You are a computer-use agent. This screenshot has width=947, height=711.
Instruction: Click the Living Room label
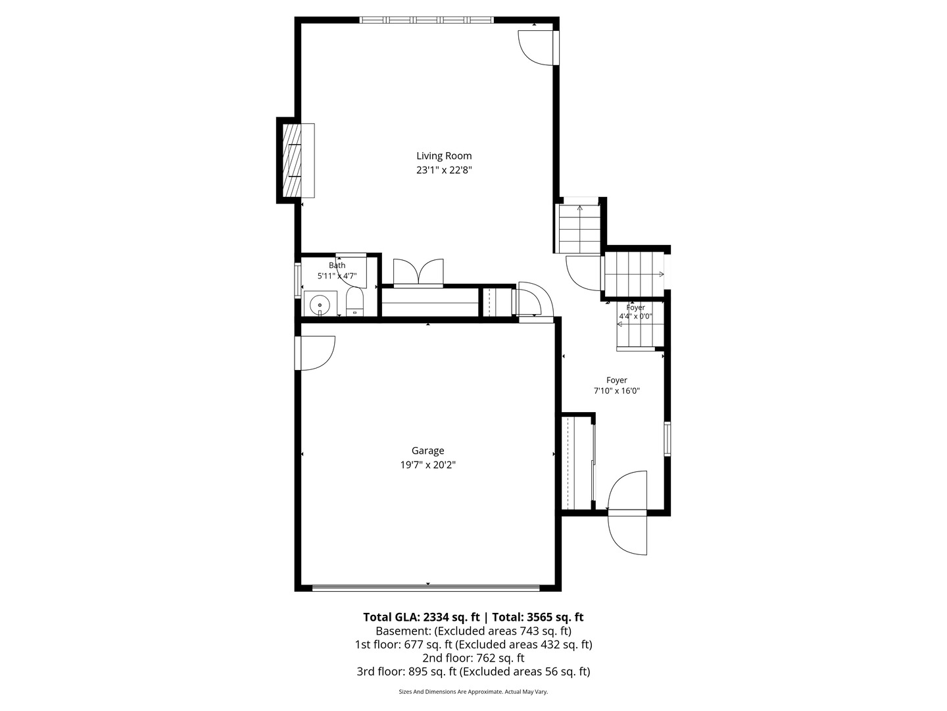click(x=443, y=156)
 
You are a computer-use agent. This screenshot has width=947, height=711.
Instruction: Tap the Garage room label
click(x=427, y=451)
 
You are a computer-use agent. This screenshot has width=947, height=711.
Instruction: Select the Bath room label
click(x=337, y=265)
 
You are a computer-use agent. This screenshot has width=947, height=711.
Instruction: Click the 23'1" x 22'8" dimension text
click(x=444, y=170)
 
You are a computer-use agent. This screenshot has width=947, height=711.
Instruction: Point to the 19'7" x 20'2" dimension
click(x=427, y=465)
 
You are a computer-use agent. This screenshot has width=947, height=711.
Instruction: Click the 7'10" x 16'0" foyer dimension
click(x=616, y=391)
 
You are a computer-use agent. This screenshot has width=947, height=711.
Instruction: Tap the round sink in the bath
click(x=320, y=305)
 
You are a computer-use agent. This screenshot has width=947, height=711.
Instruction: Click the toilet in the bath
click(x=354, y=302)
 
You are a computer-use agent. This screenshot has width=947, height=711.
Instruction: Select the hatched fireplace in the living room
click(x=291, y=160)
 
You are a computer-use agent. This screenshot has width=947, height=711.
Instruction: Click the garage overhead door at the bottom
click(x=426, y=587)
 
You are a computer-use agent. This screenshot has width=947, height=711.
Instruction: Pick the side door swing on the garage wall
click(x=316, y=353)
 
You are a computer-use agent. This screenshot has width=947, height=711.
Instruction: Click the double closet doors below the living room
click(x=418, y=273)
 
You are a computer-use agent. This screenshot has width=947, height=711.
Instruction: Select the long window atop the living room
click(x=426, y=20)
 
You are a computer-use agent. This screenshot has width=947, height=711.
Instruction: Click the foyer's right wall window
click(x=667, y=438)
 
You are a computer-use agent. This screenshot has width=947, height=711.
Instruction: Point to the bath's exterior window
click(x=297, y=280)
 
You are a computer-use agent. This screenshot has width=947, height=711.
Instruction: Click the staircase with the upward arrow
click(x=580, y=229)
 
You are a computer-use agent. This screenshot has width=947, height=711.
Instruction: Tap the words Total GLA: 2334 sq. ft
click(x=421, y=618)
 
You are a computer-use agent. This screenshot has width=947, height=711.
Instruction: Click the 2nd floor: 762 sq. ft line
click(x=473, y=658)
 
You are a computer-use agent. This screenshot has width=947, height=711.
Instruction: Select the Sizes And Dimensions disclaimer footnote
click(x=473, y=692)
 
